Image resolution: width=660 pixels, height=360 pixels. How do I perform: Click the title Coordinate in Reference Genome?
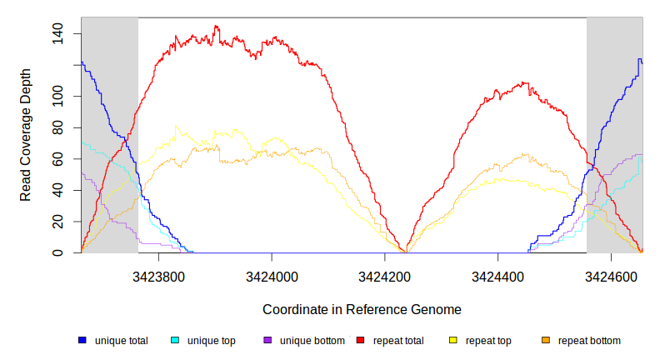click(362, 309)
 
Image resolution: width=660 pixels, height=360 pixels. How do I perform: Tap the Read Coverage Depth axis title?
click(26, 135)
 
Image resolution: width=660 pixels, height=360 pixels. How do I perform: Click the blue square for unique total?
click(82, 341)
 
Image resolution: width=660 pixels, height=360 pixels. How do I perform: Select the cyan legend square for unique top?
click(175, 341)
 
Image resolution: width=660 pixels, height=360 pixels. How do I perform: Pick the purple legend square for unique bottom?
click(267, 341)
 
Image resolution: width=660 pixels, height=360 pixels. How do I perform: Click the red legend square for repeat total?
click(361, 341)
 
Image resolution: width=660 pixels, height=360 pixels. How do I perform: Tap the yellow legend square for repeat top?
click(453, 341)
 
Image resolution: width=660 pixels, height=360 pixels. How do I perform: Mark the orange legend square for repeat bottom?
click(546, 341)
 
